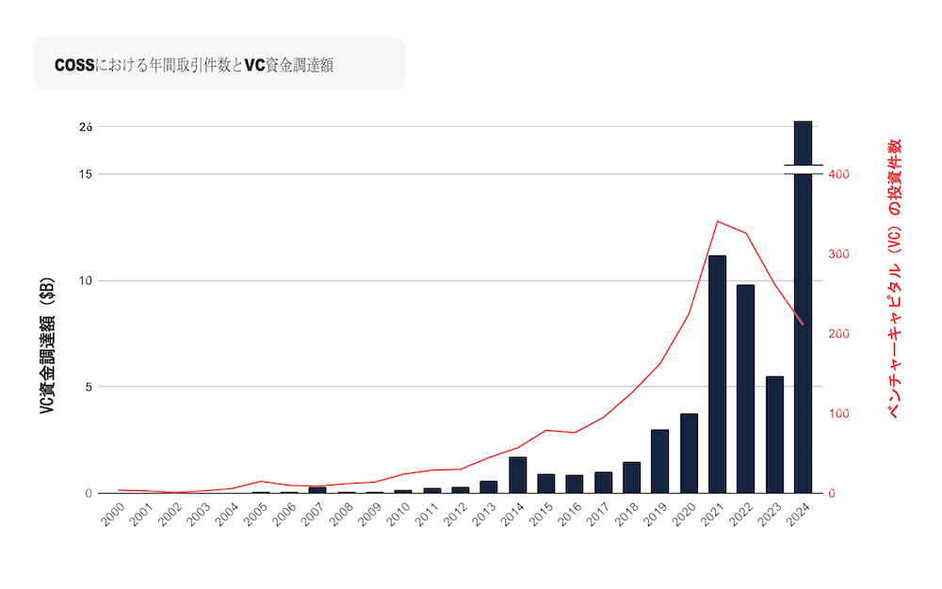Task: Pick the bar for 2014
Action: [x=517, y=475]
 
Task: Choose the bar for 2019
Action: [x=659, y=461]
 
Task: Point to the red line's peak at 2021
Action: [x=717, y=221]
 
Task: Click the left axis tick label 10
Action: [x=86, y=280]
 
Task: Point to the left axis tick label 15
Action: [x=86, y=174]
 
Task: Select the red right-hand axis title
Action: [x=895, y=278]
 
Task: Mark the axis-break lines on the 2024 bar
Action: [x=803, y=168]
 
